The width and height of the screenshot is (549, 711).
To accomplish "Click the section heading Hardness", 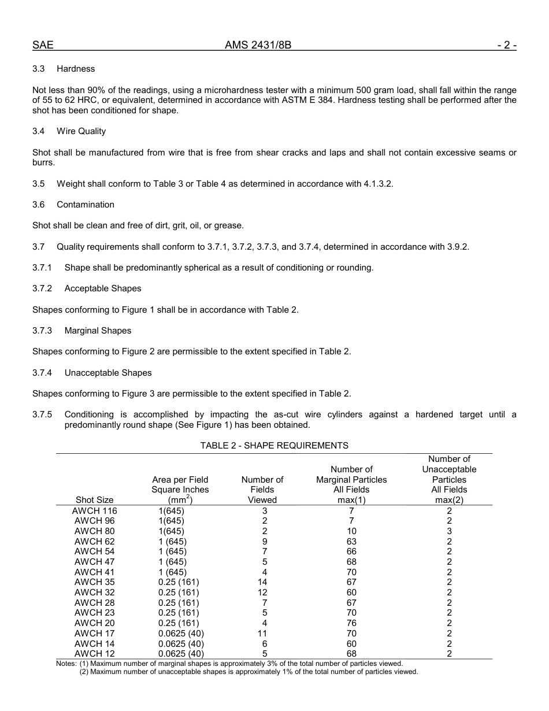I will [76, 69].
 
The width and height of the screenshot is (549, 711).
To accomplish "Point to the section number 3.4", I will [39, 131].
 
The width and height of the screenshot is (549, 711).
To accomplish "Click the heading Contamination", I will [86, 205].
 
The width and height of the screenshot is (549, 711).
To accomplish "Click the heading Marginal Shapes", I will [98, 331].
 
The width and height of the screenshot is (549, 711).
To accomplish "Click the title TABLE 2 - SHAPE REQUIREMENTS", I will [274, 445].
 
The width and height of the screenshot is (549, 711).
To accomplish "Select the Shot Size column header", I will [94, 500].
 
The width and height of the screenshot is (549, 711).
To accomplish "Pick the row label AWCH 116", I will [94, 511].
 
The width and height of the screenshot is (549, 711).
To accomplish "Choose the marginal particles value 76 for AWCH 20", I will [351, 623].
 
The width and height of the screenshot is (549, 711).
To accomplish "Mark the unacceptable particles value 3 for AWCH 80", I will [449, 531].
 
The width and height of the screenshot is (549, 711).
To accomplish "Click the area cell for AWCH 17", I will [181, 634].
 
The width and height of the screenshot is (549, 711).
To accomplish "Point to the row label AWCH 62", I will [94, 542].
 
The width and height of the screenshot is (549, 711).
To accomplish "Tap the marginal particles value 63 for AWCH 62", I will [351, 542].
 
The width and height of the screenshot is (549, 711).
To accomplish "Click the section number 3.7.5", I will [42, 414].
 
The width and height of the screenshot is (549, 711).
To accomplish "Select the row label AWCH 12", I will [94, 654].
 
